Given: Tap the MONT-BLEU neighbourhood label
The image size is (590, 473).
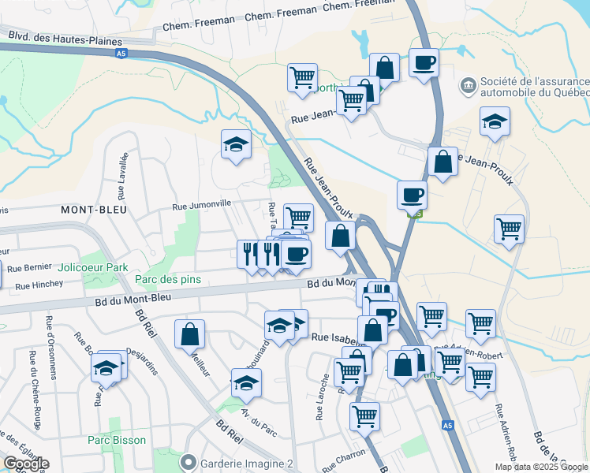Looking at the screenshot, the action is click(x=92, y=210).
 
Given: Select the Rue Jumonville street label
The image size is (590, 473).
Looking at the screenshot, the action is click(x=202, y=203).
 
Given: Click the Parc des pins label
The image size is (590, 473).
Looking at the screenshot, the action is click(x=167, y=279).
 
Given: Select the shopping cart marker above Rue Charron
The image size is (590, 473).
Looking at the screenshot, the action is click(x=364, y=416).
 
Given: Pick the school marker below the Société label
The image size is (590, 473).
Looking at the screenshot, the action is click(x=495, y=121).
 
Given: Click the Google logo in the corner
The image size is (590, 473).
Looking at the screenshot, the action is click(x=26, y=464).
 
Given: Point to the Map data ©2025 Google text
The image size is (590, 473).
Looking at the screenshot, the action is click(x=540, y=467).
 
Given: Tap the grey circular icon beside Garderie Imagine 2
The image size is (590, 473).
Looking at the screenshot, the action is click(x=188, y=461).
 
